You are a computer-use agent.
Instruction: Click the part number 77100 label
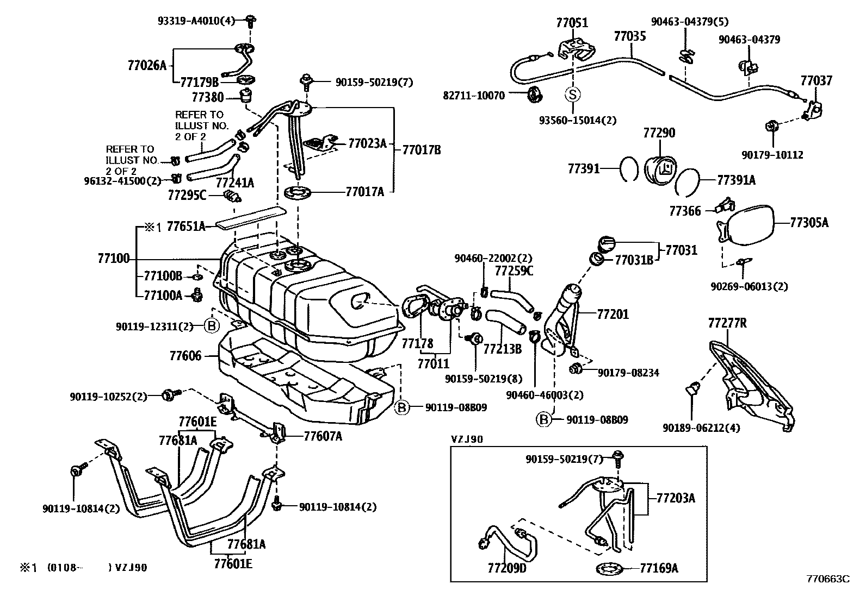[x=114, y=259]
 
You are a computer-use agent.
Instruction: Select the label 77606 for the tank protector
[x=185, y=356]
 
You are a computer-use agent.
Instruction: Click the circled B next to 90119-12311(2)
[x=212, y=326]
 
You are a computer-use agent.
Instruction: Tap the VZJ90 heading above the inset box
[x=467, y=439]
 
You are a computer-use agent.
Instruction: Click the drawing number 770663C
[x=827, y=580]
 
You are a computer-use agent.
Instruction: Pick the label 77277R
[x=727, y=323]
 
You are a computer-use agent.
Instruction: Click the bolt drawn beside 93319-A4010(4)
[x=251, y=22]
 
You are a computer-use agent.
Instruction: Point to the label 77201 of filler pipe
[x=613, y=315]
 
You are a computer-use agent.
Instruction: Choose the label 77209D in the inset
[x=507, y=568]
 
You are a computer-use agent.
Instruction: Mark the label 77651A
[x=185, y=227]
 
